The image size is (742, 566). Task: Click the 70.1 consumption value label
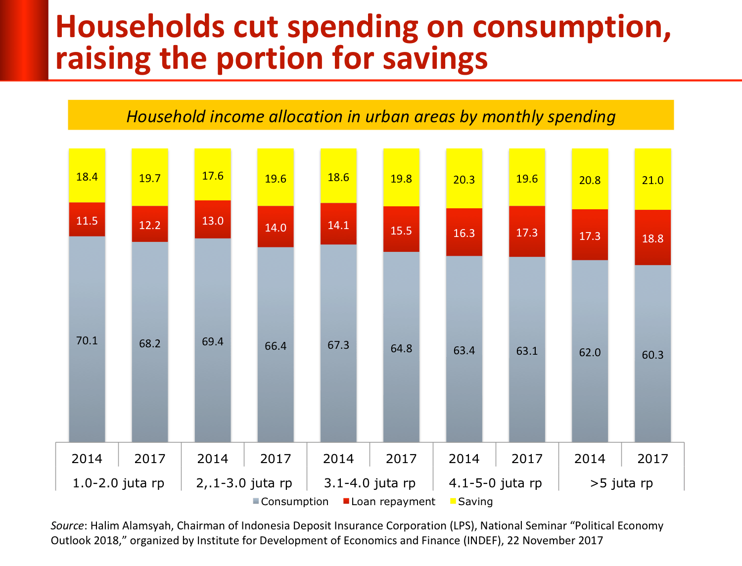[87, 340]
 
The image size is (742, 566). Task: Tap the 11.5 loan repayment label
[87, 221]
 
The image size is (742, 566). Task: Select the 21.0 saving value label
[652, 180]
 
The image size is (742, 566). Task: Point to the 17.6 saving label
[213, 176]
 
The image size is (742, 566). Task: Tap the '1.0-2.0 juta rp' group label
[118, 483]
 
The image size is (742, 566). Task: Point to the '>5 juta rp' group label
[621, 483]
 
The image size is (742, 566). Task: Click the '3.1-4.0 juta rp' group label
[370, 483]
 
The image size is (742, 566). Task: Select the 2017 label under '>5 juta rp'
[652, 459]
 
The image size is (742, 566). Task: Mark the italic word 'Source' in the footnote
[67, 525]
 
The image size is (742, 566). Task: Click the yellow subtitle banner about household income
[371, 115]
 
